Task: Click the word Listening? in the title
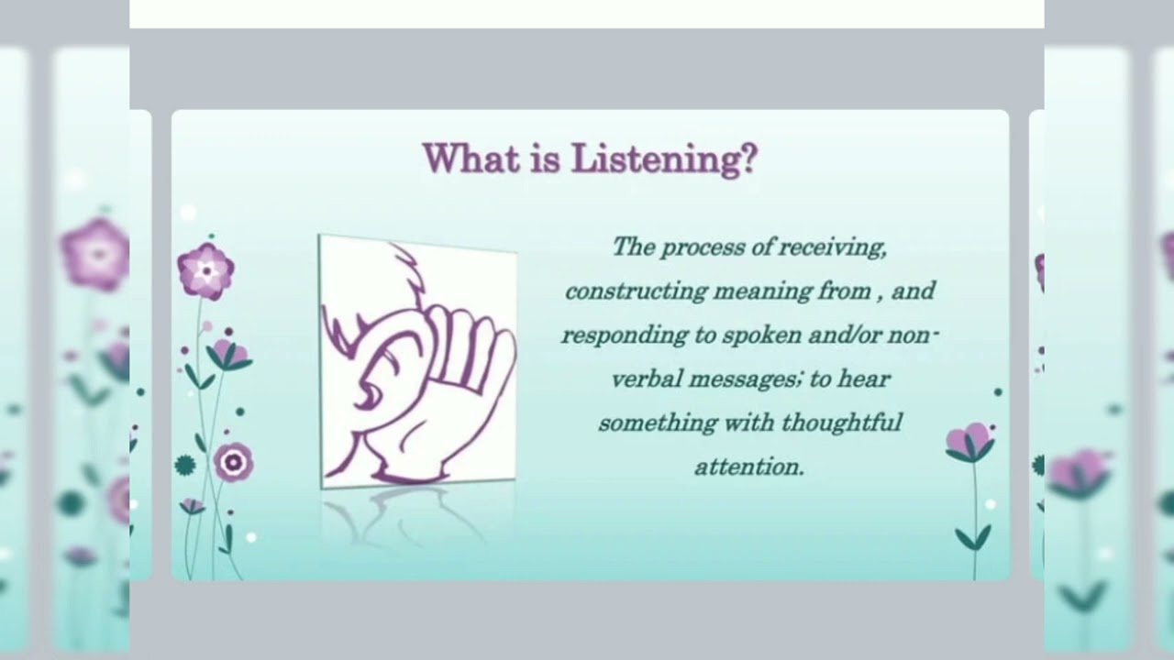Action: pos(665,159)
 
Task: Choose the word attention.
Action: pos(748,467)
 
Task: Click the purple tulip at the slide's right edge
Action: pos(969,443)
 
